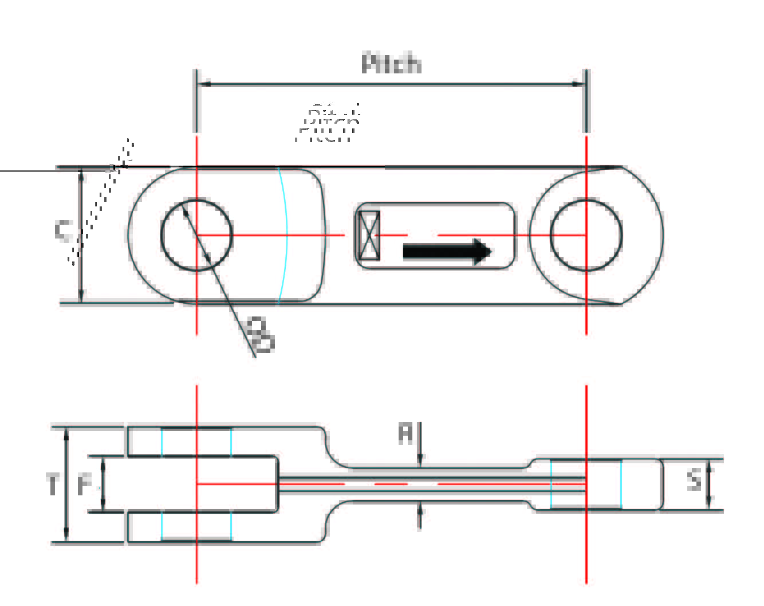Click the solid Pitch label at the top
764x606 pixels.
click(391, 63)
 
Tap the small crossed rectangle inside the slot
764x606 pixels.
click(368, 235)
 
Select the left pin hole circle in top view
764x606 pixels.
click(197, 235)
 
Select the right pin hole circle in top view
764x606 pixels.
click(586, 235)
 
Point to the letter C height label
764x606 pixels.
click(64, 230)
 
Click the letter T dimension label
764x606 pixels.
click(53, 484)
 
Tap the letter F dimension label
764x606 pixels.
click(85, 485)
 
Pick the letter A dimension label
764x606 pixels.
click(405, 433)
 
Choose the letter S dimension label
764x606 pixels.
click(694, 479)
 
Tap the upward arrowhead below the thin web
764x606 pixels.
click(420, 507)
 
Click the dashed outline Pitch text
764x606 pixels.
click(328, 125)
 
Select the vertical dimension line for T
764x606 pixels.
click(67, 484)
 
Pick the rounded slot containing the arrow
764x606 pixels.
click(435, 235)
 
